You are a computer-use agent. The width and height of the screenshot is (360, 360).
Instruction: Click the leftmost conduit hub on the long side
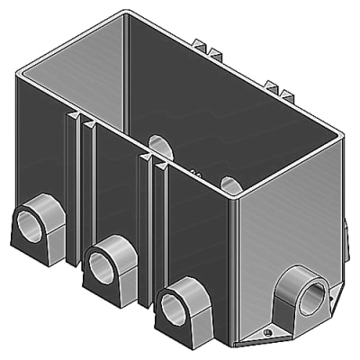(x=34, y=225)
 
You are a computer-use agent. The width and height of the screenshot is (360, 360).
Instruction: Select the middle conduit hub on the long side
(x=109, y=260)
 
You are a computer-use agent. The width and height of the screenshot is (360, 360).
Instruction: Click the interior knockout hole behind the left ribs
(x=158, y=146)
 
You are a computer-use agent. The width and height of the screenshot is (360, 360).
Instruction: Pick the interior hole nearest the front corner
(x=230, y=184)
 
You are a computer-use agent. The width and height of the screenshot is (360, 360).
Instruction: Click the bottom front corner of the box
(x=231, y=345)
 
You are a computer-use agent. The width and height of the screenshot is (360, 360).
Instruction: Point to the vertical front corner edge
(x=232, y=270)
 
